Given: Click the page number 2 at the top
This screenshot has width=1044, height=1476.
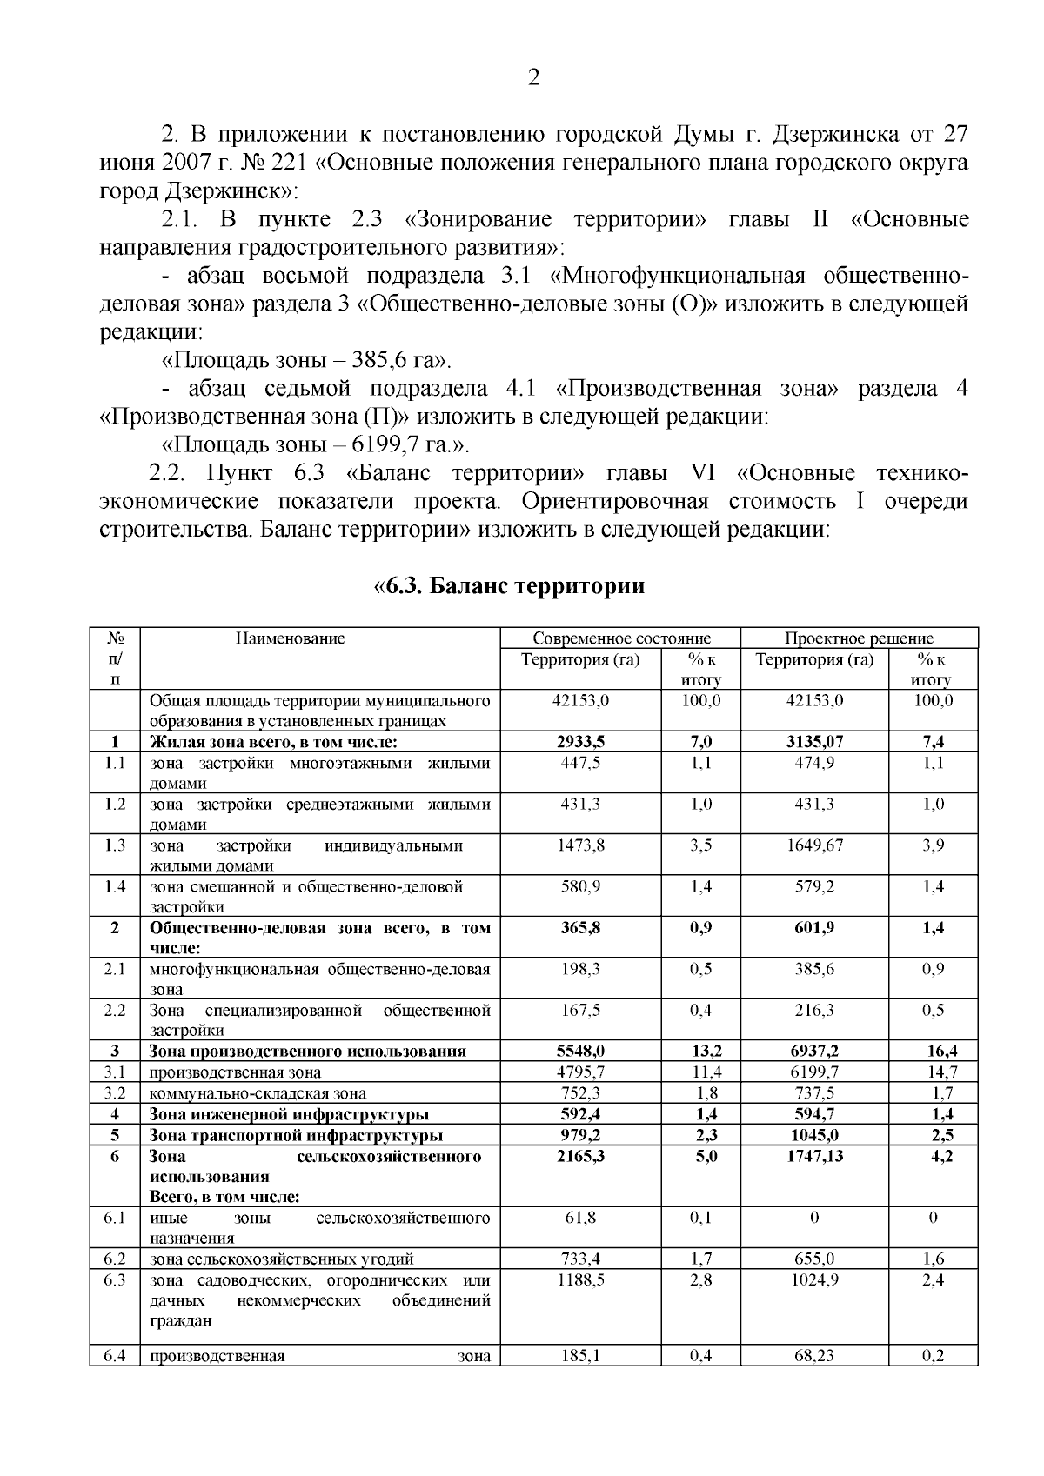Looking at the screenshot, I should [x=533, y=78].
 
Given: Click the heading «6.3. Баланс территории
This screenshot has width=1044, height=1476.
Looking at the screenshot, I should [x=509, y=586].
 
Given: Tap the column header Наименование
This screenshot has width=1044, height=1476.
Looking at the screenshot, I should [x=290, y=638].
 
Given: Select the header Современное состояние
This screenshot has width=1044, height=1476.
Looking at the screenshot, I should [x=621, y=638].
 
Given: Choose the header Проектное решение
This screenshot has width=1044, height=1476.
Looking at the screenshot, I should [x=859, y=638].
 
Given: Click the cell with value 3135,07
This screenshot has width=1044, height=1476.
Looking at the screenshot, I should [x=814, y=742].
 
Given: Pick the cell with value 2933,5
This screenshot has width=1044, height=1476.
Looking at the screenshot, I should [x=580, y=742].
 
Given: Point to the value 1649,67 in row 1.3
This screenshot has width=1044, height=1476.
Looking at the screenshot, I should [x=814, y=845].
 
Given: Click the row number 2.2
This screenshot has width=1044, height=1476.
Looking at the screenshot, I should [x=115, y=1011].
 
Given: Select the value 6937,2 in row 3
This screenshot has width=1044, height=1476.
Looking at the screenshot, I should [x=814, y=1052].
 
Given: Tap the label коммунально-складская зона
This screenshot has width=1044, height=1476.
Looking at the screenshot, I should [x=258, y=1093].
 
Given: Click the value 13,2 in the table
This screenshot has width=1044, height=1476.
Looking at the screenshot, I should [x=701, y=1052].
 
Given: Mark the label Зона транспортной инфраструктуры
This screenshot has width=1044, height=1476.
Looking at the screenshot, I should [x=296, y=1135].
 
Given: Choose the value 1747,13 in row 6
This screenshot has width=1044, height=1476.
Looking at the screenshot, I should [x=814, y=1156].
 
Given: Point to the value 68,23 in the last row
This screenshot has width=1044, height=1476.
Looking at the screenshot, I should [x=814, y=1355].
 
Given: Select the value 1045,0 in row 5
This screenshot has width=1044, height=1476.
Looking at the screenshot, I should [x=814, y=1135].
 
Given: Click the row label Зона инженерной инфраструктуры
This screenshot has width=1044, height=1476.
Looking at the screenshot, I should [x=289, y=1114].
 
